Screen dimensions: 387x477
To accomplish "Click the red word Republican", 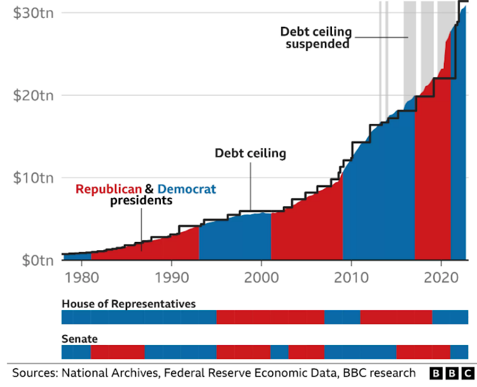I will point(109,189).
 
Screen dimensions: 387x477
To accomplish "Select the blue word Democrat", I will point(187,189).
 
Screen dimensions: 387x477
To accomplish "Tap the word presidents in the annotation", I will point(141,201).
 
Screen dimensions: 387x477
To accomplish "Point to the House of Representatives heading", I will point(128,304).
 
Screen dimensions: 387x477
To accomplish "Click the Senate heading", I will point(79,339).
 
